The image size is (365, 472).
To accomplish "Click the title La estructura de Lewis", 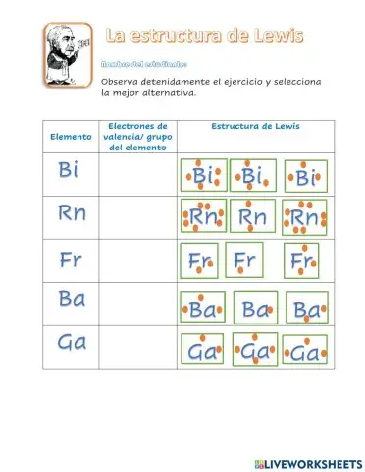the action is pos(204,36).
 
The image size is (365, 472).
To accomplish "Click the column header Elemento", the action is pos(70,137).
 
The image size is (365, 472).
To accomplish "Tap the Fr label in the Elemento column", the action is pos(70,261).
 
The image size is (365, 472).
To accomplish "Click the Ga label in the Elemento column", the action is pos(71,343).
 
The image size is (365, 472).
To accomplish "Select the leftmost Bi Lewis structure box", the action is pos(202,175).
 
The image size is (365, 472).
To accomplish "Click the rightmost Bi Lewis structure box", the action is pos(304,178).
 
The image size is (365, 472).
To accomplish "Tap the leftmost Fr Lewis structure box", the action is pos(202,263).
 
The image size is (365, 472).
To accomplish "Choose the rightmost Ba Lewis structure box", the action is pos(306,309).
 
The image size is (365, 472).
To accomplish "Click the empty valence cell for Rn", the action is pos(135,216).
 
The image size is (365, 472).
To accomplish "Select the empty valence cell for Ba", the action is pos(135,305).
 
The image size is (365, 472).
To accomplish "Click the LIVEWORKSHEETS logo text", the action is pos(306,462).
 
